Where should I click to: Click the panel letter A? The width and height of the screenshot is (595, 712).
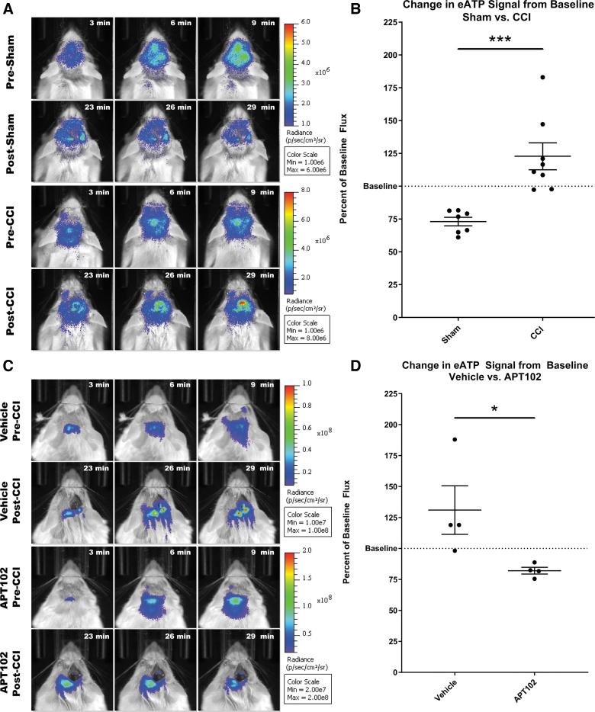[x=7, y=8]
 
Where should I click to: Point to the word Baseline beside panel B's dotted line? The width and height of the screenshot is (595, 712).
[x=378, y=186]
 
